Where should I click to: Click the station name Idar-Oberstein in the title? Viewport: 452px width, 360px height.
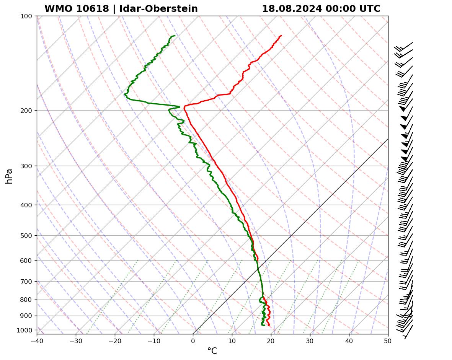(x=158, y=9)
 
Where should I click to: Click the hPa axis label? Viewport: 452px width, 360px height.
(x=9, y=176)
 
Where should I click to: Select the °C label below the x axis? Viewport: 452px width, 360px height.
(x=212, y=351)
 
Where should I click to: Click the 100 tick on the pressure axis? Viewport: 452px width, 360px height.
(x=26, y=16)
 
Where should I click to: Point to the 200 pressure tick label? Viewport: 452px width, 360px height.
(x=26, y=111)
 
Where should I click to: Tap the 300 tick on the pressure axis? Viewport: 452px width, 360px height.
(x=26, y=166)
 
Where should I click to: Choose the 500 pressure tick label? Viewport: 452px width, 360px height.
(x=26, y=236)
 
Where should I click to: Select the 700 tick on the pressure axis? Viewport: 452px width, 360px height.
(x=26, y=282)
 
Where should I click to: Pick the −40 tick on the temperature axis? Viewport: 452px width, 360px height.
(x=37, y=340)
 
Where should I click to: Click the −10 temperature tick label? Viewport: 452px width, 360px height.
(x=154, y=340)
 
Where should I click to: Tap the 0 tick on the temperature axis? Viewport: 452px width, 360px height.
(x=193, y=340)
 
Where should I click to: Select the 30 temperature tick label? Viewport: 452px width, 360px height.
(x=310, y=340)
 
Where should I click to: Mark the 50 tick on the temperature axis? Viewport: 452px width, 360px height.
(x=388, y=340)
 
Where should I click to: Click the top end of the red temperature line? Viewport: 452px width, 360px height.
(x=281, y=36)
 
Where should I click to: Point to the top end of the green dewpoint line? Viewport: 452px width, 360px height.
(x=175, y=36)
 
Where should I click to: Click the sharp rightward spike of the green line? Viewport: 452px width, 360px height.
(x=179, y=107)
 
